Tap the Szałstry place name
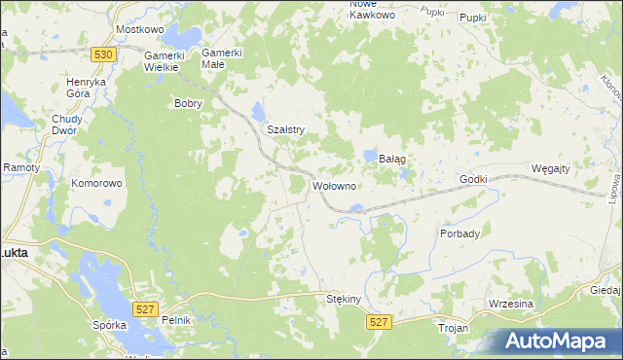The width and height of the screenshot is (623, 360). tap(286, 129)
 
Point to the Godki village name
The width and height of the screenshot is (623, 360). tap(473, 180)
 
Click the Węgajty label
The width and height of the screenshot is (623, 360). tap(551, 168)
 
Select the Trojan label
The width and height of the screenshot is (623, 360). tap(455, 329)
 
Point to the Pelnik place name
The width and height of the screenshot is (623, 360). tap(178, 320)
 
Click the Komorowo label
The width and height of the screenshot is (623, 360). tap(95, 182)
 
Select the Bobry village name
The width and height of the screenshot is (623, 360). tap(186, 102)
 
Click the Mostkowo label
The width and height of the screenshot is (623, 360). tap(136, 30)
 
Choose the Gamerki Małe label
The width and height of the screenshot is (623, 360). tap(221, 58)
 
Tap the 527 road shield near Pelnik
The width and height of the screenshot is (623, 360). tap(144, 308)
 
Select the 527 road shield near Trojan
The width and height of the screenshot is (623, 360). tap(379, 322)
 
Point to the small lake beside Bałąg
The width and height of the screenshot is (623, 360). tap(370, 156)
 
